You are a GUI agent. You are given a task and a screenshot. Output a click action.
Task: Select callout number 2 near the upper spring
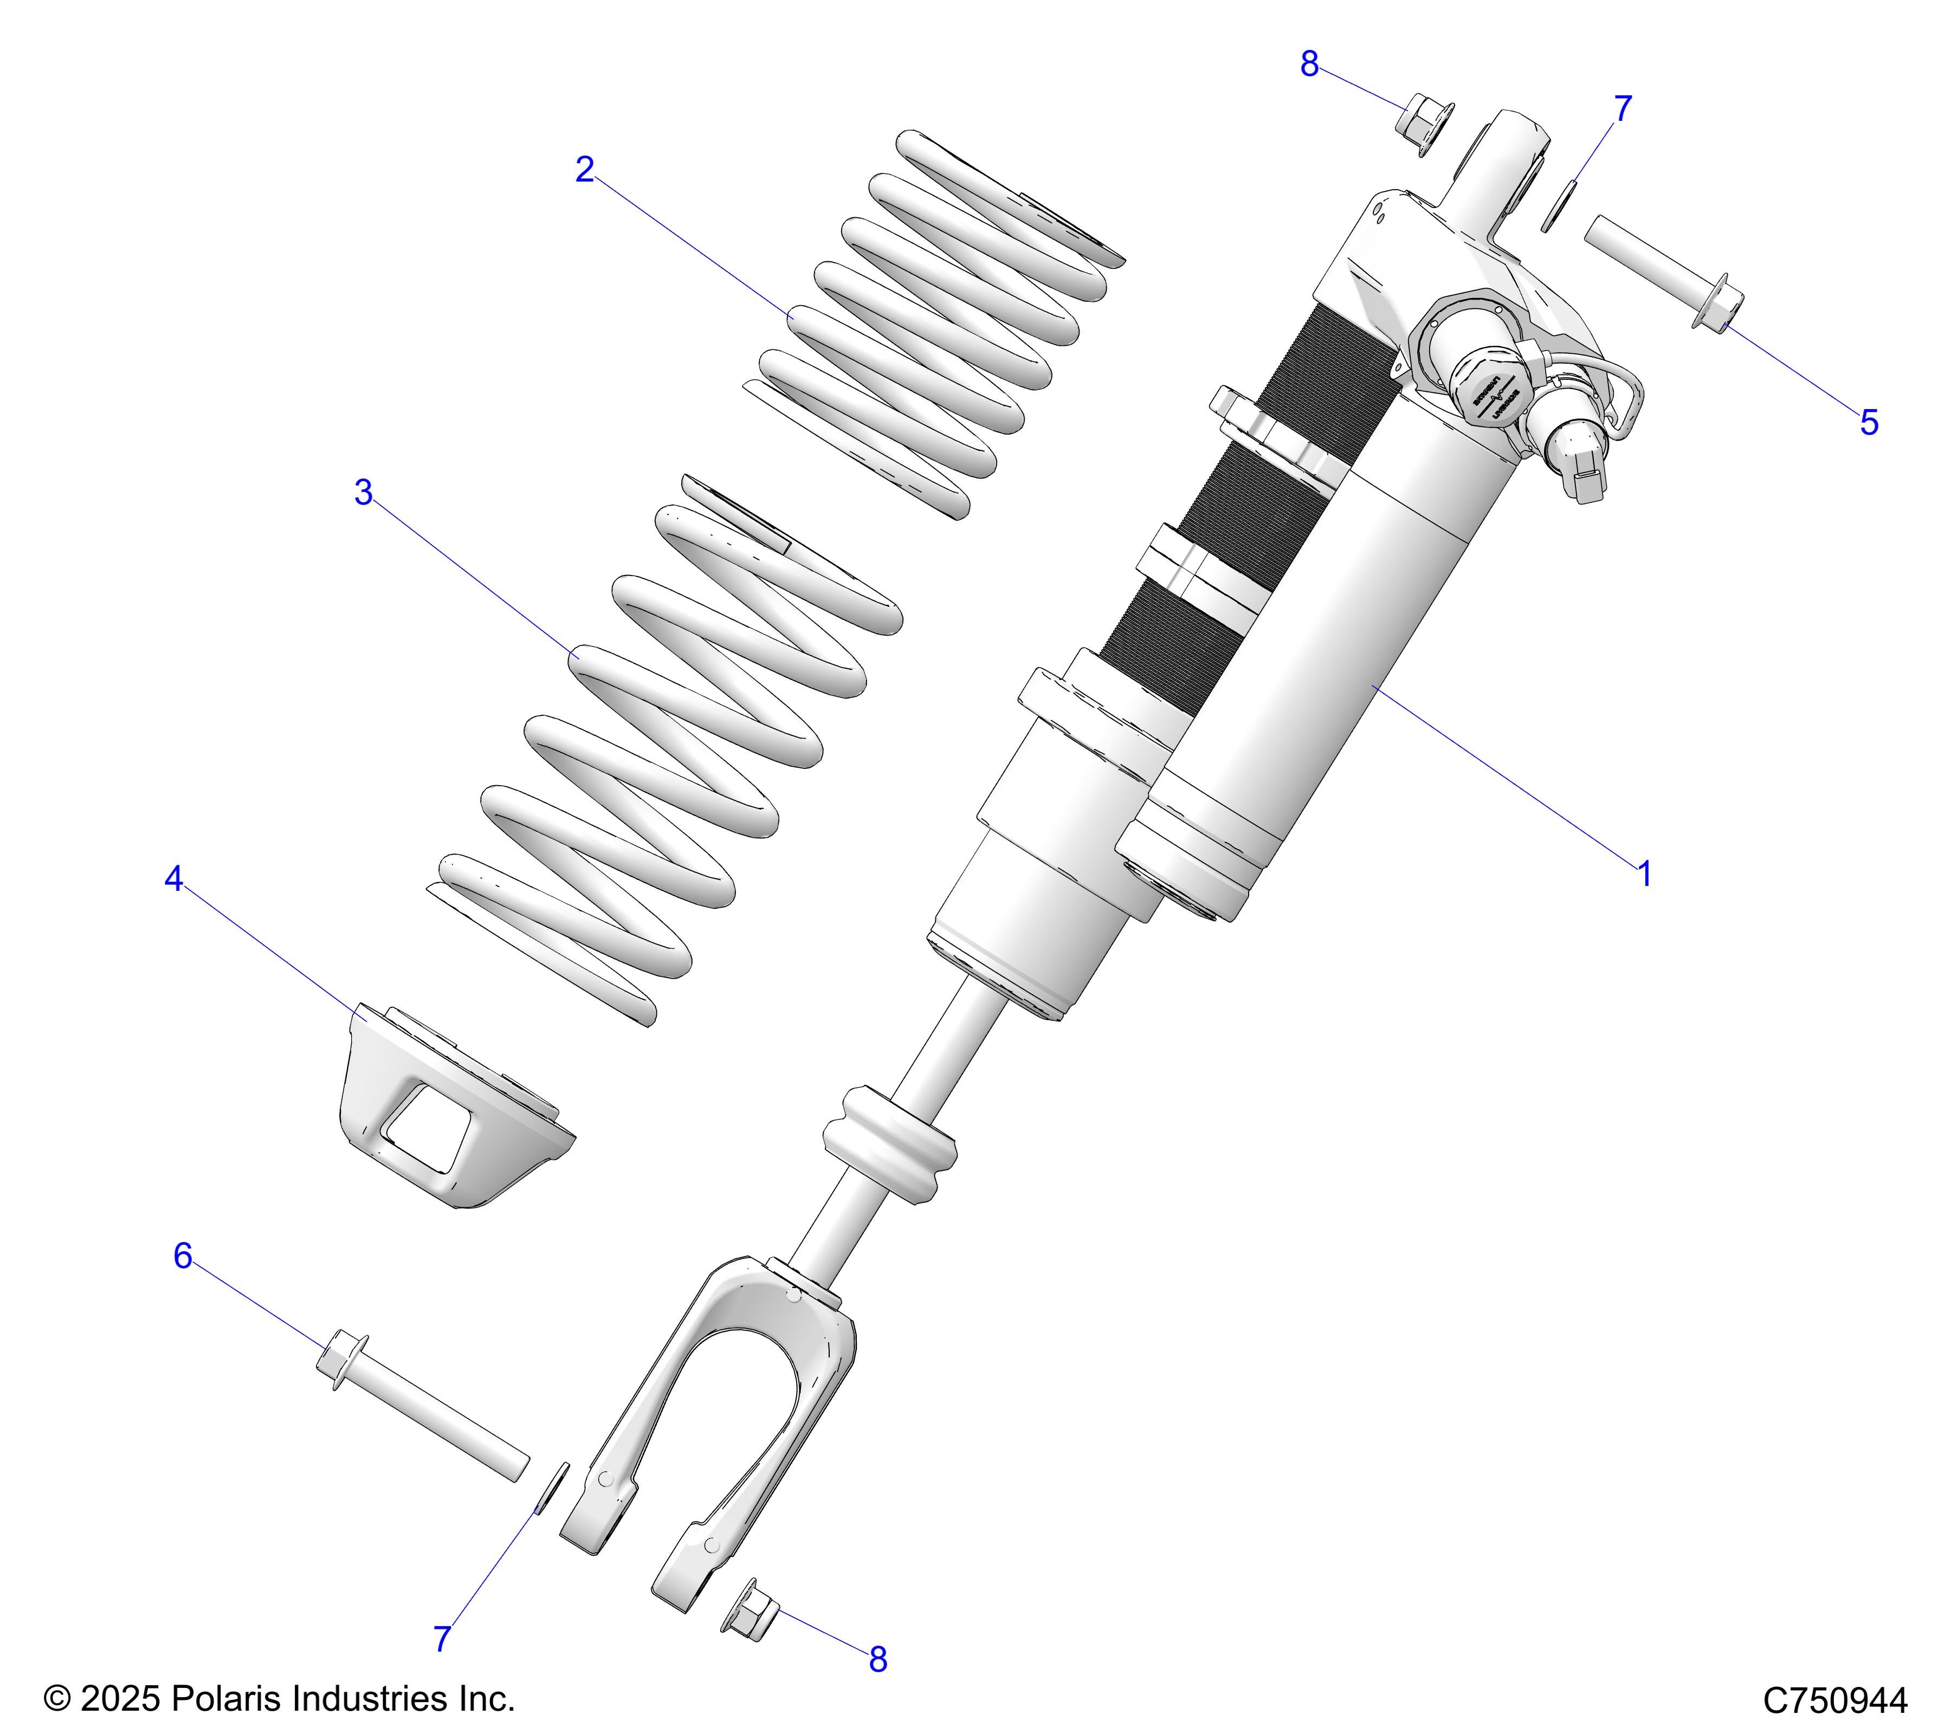(x=585, y=170)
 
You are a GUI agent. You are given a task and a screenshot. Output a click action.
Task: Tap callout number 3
(x=364, y=494)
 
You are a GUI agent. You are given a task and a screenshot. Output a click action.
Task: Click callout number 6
(x=182, y=1256)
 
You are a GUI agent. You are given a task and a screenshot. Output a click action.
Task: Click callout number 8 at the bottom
(x=878, y=1660)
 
